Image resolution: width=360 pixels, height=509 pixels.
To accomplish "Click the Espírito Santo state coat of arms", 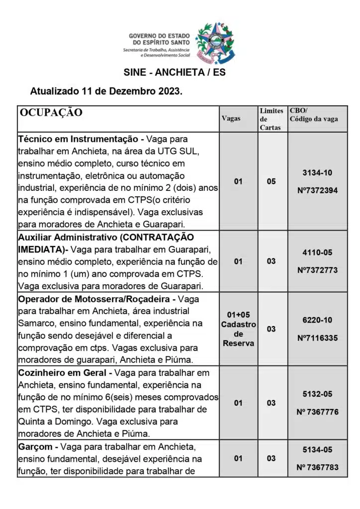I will (x=215, y=43).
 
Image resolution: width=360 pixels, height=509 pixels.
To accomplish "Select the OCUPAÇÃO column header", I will (x=51, y=112).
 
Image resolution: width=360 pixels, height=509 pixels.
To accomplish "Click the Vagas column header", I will (x=231, y=119).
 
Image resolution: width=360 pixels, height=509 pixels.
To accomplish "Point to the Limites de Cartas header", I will (x=271, y=119).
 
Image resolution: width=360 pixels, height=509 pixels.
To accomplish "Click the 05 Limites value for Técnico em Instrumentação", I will (x=271, y=181).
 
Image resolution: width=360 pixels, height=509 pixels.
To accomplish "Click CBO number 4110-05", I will (x=317, y=252).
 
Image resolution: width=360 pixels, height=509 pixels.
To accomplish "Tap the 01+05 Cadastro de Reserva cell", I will (x=239, y=329).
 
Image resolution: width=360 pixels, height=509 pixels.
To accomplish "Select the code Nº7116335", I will (x=317, y=338).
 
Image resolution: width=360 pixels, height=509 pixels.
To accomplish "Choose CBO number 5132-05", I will (x=317, y=394).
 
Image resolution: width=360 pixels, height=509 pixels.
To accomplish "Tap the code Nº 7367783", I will (x=317, y=467).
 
